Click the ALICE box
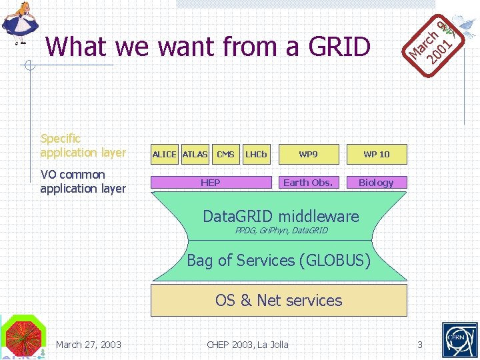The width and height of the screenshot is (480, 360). (x=164, y=154)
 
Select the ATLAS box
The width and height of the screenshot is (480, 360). (x=195, y=154)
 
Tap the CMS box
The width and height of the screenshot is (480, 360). (x=225, y=154)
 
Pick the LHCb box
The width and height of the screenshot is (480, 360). (x=256, y=154)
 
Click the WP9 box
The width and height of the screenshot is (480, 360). (x=308, y=154)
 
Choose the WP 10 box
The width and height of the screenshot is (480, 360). (x=376, y=154)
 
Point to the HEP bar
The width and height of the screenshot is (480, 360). (x=211, y=182)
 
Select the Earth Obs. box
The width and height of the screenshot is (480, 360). (x=308, y=182)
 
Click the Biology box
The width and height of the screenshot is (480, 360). (x=376, y=182)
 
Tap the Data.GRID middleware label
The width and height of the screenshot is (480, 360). (x=281, y=216)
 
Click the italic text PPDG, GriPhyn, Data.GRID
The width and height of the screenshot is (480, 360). (x=281, y=231)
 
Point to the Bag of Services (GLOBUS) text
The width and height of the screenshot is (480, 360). (x=279, y=261)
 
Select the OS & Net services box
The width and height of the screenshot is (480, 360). (x=279, y=300)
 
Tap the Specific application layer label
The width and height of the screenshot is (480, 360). (x=83, y=145)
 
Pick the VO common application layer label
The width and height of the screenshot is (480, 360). (x=83, y=181)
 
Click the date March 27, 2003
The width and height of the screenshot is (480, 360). (x=89, y=345)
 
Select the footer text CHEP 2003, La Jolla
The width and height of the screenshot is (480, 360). (x=247, y=345)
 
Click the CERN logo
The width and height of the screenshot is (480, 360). (x=459, y=339)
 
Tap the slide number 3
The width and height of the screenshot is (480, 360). (x=420, y=345)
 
